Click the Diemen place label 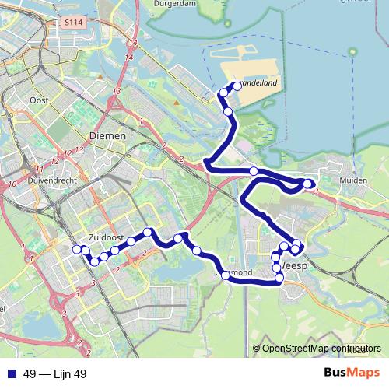pyautogui.click(x=107, y=135)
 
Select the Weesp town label pyautogui.click(x=294, y=266)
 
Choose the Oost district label pyautogui.click(x=38, y=100)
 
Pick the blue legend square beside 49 pyautogui.click(x=11, y=373)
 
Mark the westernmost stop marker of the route pyautogui.click(x=76, y=249)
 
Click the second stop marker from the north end pyautogui.click(x=223, y=93)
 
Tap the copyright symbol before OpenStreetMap pyautogui.click(x=256, y=348)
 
